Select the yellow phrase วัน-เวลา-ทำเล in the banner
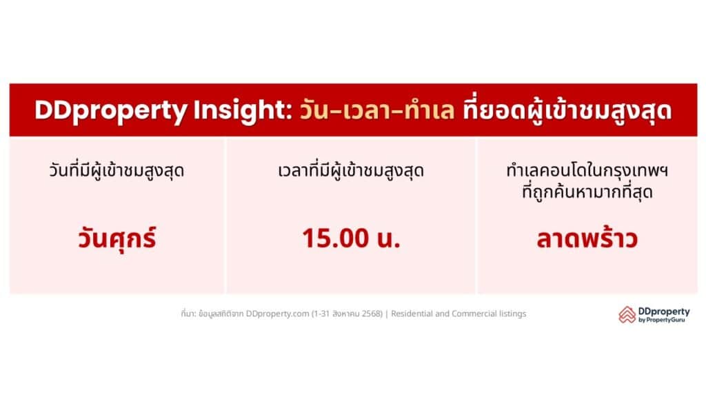click(377, 110)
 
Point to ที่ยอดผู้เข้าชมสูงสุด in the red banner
click(567, 110)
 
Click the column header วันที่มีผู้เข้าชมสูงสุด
click(117, 171)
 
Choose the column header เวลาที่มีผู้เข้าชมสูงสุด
click(351, 171)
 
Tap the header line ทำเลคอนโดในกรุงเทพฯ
click(587, 171)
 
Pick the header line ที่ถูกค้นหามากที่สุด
click(587, 192)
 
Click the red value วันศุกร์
click(117, 238)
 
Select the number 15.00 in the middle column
click(336, 238)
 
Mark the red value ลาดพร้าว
click(587, 238)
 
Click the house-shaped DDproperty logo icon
click(627, 314)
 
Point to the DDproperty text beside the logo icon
click(664, 312)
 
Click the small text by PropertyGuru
click(661, 320)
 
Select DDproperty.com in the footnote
click(277, 314)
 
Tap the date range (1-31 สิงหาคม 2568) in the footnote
click(347, 314)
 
